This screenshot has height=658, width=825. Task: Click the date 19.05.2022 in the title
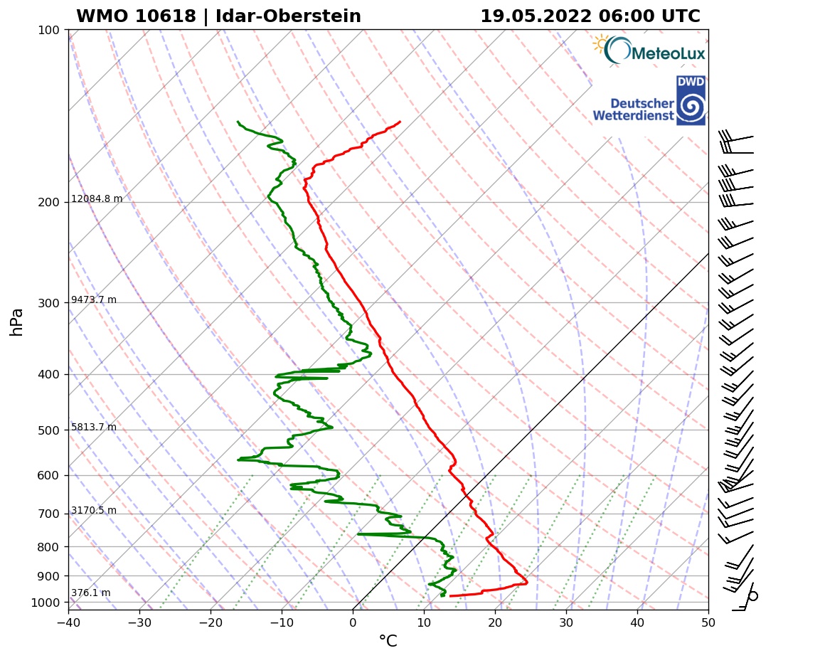pyautogui.click(x=534, y=16)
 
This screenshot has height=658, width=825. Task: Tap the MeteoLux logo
pyautogui.click(x=648, y=51)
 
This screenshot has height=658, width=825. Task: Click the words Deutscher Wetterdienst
pyautogui.click(x=634, y=110)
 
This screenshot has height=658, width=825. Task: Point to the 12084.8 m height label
pyautogui.click(x=97, y=199)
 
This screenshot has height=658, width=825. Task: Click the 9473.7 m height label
pyautogui.click(x=94, y=300)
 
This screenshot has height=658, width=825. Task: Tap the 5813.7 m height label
pyautogui.click(x=94, y=428)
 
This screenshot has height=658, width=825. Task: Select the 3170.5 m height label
pyautogui.click(x=94, y=511)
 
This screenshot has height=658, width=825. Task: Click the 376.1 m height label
pyautogui.click(x=90, y=593)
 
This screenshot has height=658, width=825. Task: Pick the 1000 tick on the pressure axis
pyautogui.click(x=46, y=603)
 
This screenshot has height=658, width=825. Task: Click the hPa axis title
pyautogui.click(x=17, y=322)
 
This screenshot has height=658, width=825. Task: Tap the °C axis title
pyautogui.click(x=388, y=642)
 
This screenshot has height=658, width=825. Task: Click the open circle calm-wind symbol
pyautogui.click(x=753, y=596)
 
